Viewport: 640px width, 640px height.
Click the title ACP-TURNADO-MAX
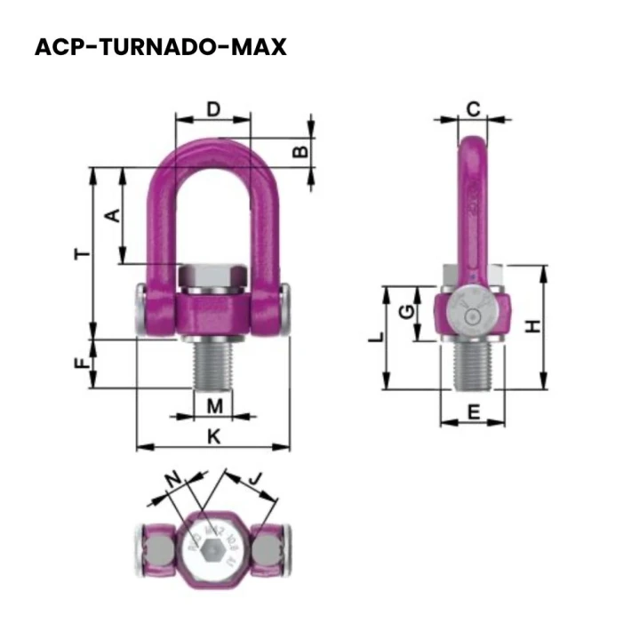pyautogui.click(x=161, y=47)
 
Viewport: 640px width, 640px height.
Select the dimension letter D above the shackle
pyautogui.click(x=213, y=109)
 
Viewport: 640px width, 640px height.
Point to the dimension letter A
pyautogui.click(x=111, y=215)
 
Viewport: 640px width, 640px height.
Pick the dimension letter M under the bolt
pyautogui.click(x=214, y=406)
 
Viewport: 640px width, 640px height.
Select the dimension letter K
pyautogui.click(x=212, y=436)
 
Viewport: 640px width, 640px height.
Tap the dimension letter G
pyautogui.click(x=405, y=312)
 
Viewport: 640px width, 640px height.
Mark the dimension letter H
pyautogui.click(x=532, y=326)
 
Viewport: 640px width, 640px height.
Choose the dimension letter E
pyautogui.click(x=473, y=412)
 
